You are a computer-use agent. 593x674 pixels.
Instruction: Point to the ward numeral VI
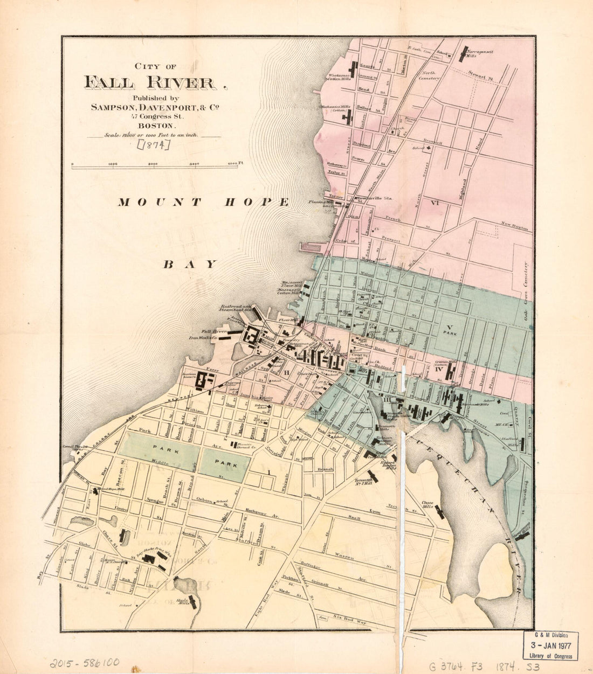tap(436, 203)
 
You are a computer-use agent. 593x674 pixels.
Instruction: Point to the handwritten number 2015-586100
tap(85, 662)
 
